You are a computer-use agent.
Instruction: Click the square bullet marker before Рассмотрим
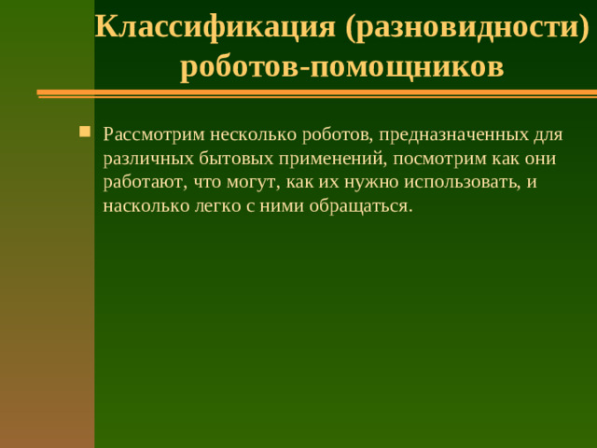[x=86, y=131]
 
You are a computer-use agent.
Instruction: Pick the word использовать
[x=462, y=182]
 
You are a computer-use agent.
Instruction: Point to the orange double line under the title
[x=317, y=93]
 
